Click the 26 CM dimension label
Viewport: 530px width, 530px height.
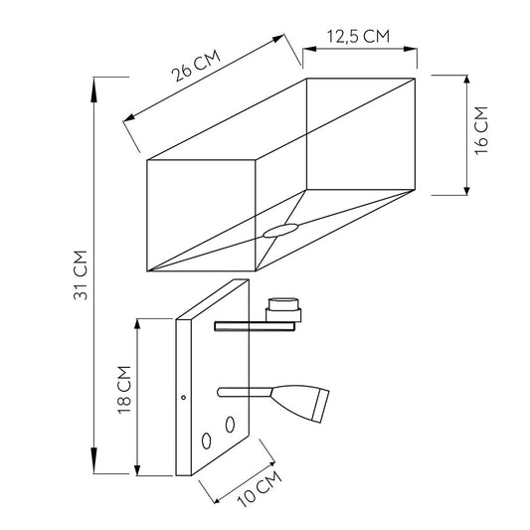click(196, 66)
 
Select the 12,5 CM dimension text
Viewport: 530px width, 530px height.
click(358, 36)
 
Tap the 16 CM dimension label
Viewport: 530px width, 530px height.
click(481, 130)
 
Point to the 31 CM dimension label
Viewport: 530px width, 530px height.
click(81, 274)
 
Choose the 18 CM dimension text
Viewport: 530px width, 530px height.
click(123, 390)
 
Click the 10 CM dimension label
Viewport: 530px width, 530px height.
click(260, 488)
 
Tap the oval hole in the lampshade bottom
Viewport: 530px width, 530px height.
click(280, 230)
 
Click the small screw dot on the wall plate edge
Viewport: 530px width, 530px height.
click(184, 398)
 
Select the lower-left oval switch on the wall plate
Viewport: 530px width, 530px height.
click(207, 441)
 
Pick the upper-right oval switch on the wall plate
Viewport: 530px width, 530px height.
click(230, 425)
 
